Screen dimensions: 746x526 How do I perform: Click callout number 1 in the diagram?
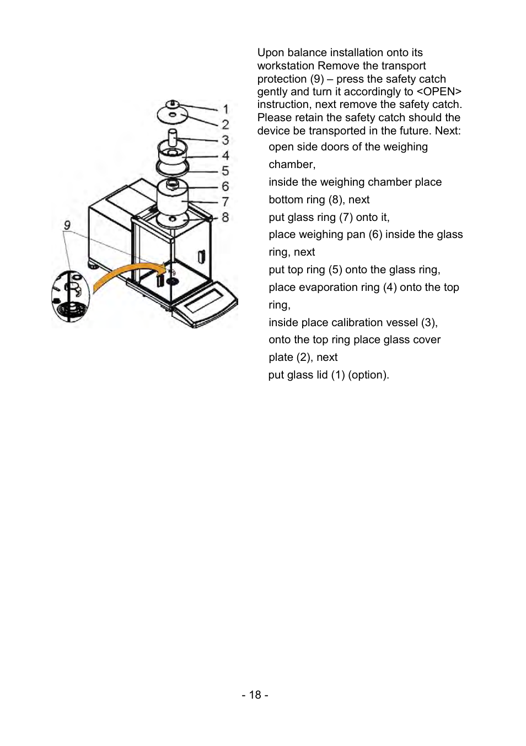click(x=226, y=110)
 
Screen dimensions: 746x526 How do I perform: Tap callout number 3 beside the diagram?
click(x=226, y=140)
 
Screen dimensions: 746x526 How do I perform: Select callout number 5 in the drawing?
click(x=226, y=171)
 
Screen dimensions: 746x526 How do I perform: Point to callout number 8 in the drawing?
click(x=225, y=218)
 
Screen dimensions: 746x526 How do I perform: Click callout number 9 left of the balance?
click(x=67, y=225)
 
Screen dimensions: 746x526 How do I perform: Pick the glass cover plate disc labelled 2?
click(x=172, y=115)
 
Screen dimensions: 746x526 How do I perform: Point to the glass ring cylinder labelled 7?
click(x=173, y=198)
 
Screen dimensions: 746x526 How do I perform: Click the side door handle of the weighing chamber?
click(x=201, y=257)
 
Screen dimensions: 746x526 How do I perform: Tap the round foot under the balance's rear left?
click(x=93, y=265)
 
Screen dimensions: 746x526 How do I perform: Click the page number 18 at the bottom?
click(x=255, y=695)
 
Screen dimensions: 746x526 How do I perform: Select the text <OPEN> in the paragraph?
click(x=439, y=91)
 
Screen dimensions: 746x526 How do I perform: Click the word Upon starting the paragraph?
click(x=271, y=53)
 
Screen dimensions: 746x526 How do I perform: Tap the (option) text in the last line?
click(x=368, y=375)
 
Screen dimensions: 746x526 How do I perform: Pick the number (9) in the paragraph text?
click(x=317, y=79)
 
